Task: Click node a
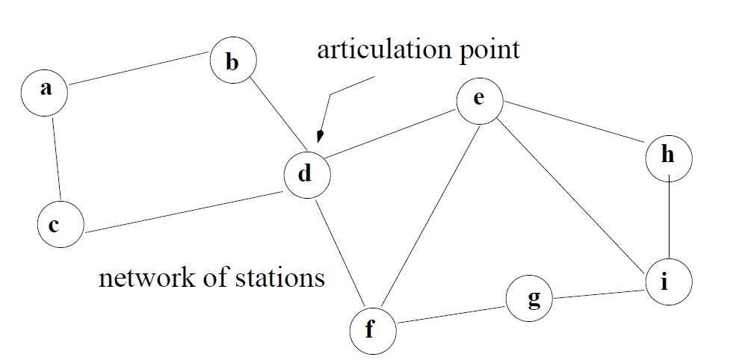pyautogui.click(x=45, y=90)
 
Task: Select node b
pyautogui.click(x=232, y=62)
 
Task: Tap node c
pyautogui.click(x=61, y=224)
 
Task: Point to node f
pyautogui.click(x=371, y=329)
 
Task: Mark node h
pyautogui.click(x=669, y=157)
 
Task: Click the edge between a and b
pyautogui.click(x=139, y=70)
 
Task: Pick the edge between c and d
pyautogui.click(x=182, y=211)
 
